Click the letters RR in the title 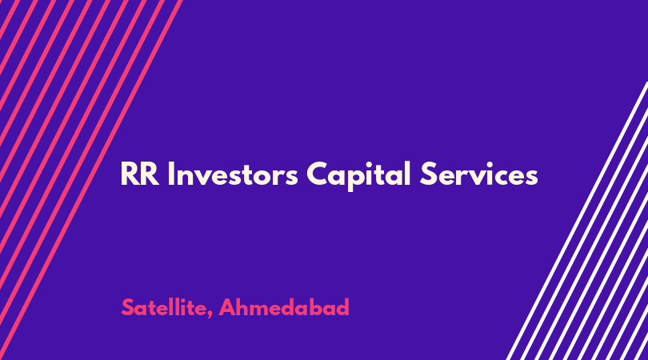click(140, 174)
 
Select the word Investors click(233, 174)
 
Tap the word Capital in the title click(358, 175)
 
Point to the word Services click(479, 174)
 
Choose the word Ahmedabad click(284, 307)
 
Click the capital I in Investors click(170, 174)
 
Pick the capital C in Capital click(317, 174)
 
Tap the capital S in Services click(428, 174)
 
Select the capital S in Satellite click(128, 307)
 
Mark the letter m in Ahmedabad click(262, 310)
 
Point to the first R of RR click(130, 174)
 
